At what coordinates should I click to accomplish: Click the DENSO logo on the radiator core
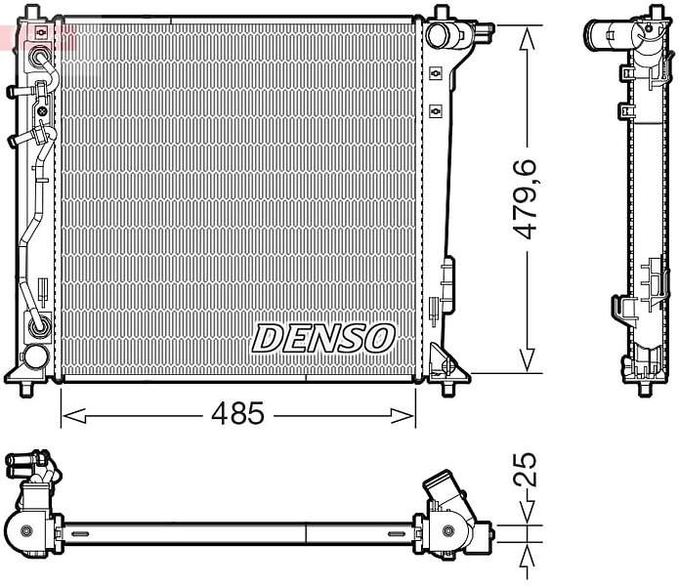(323, 338)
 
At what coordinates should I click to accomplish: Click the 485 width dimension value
(237, 413)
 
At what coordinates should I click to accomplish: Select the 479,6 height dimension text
(525, 198)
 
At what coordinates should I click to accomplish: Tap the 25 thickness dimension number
(525, 469)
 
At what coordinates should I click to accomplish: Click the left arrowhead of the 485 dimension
(74, 416)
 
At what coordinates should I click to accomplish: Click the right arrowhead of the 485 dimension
(403, 416)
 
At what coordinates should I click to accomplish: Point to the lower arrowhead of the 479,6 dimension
(528, 358)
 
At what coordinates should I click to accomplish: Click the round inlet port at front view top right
(439, 34)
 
